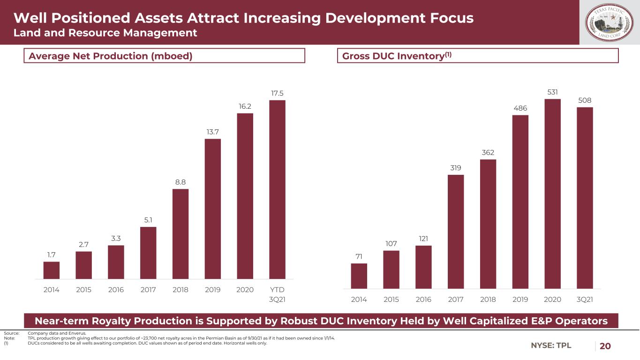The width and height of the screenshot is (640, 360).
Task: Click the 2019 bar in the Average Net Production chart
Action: coord(213,209)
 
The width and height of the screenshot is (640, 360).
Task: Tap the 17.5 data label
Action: coord(277,93)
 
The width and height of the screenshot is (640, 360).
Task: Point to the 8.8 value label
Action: coord(181,182)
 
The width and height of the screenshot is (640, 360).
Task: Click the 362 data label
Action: coord(488,153)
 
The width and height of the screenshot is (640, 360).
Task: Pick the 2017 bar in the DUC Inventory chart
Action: coord(456,232)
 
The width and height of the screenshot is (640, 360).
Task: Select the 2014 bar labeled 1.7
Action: coord(52,270)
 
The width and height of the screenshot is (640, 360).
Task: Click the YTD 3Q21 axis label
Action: coord(277,294)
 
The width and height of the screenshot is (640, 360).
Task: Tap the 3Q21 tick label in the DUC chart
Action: coord(584,299)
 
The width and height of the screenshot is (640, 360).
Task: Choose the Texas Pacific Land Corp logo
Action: coord(610,22)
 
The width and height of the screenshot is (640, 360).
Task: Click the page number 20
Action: coord(605,346)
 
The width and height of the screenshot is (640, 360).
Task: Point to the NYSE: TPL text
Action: coord(551,346)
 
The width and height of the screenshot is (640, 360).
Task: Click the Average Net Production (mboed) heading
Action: coord(111,56)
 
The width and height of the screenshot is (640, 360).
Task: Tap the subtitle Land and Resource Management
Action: coord(105,33)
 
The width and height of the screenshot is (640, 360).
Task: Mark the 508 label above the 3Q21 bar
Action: coord(585,100)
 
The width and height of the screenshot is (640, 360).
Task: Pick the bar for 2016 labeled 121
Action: coord(423,267)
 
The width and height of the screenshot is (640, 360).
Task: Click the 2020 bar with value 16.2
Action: coord(245,196)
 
